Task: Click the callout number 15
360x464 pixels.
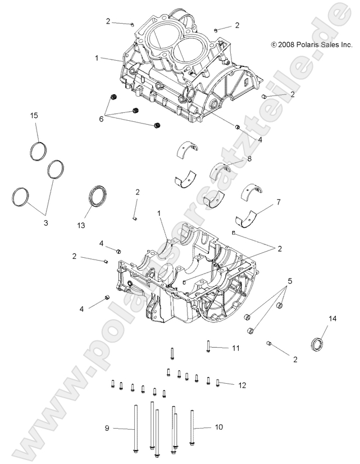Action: point(34,115)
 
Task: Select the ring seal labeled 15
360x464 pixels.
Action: point(37,151)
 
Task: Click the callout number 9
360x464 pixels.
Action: point(107,429)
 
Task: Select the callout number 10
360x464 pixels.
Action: point(219,427)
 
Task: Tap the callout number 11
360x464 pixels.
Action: point(236,348)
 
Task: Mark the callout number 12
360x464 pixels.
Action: point(243,385)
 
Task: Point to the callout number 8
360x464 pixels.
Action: point(249,159)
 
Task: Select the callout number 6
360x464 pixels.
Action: point(102,119)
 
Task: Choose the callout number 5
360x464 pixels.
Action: point(290,280)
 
